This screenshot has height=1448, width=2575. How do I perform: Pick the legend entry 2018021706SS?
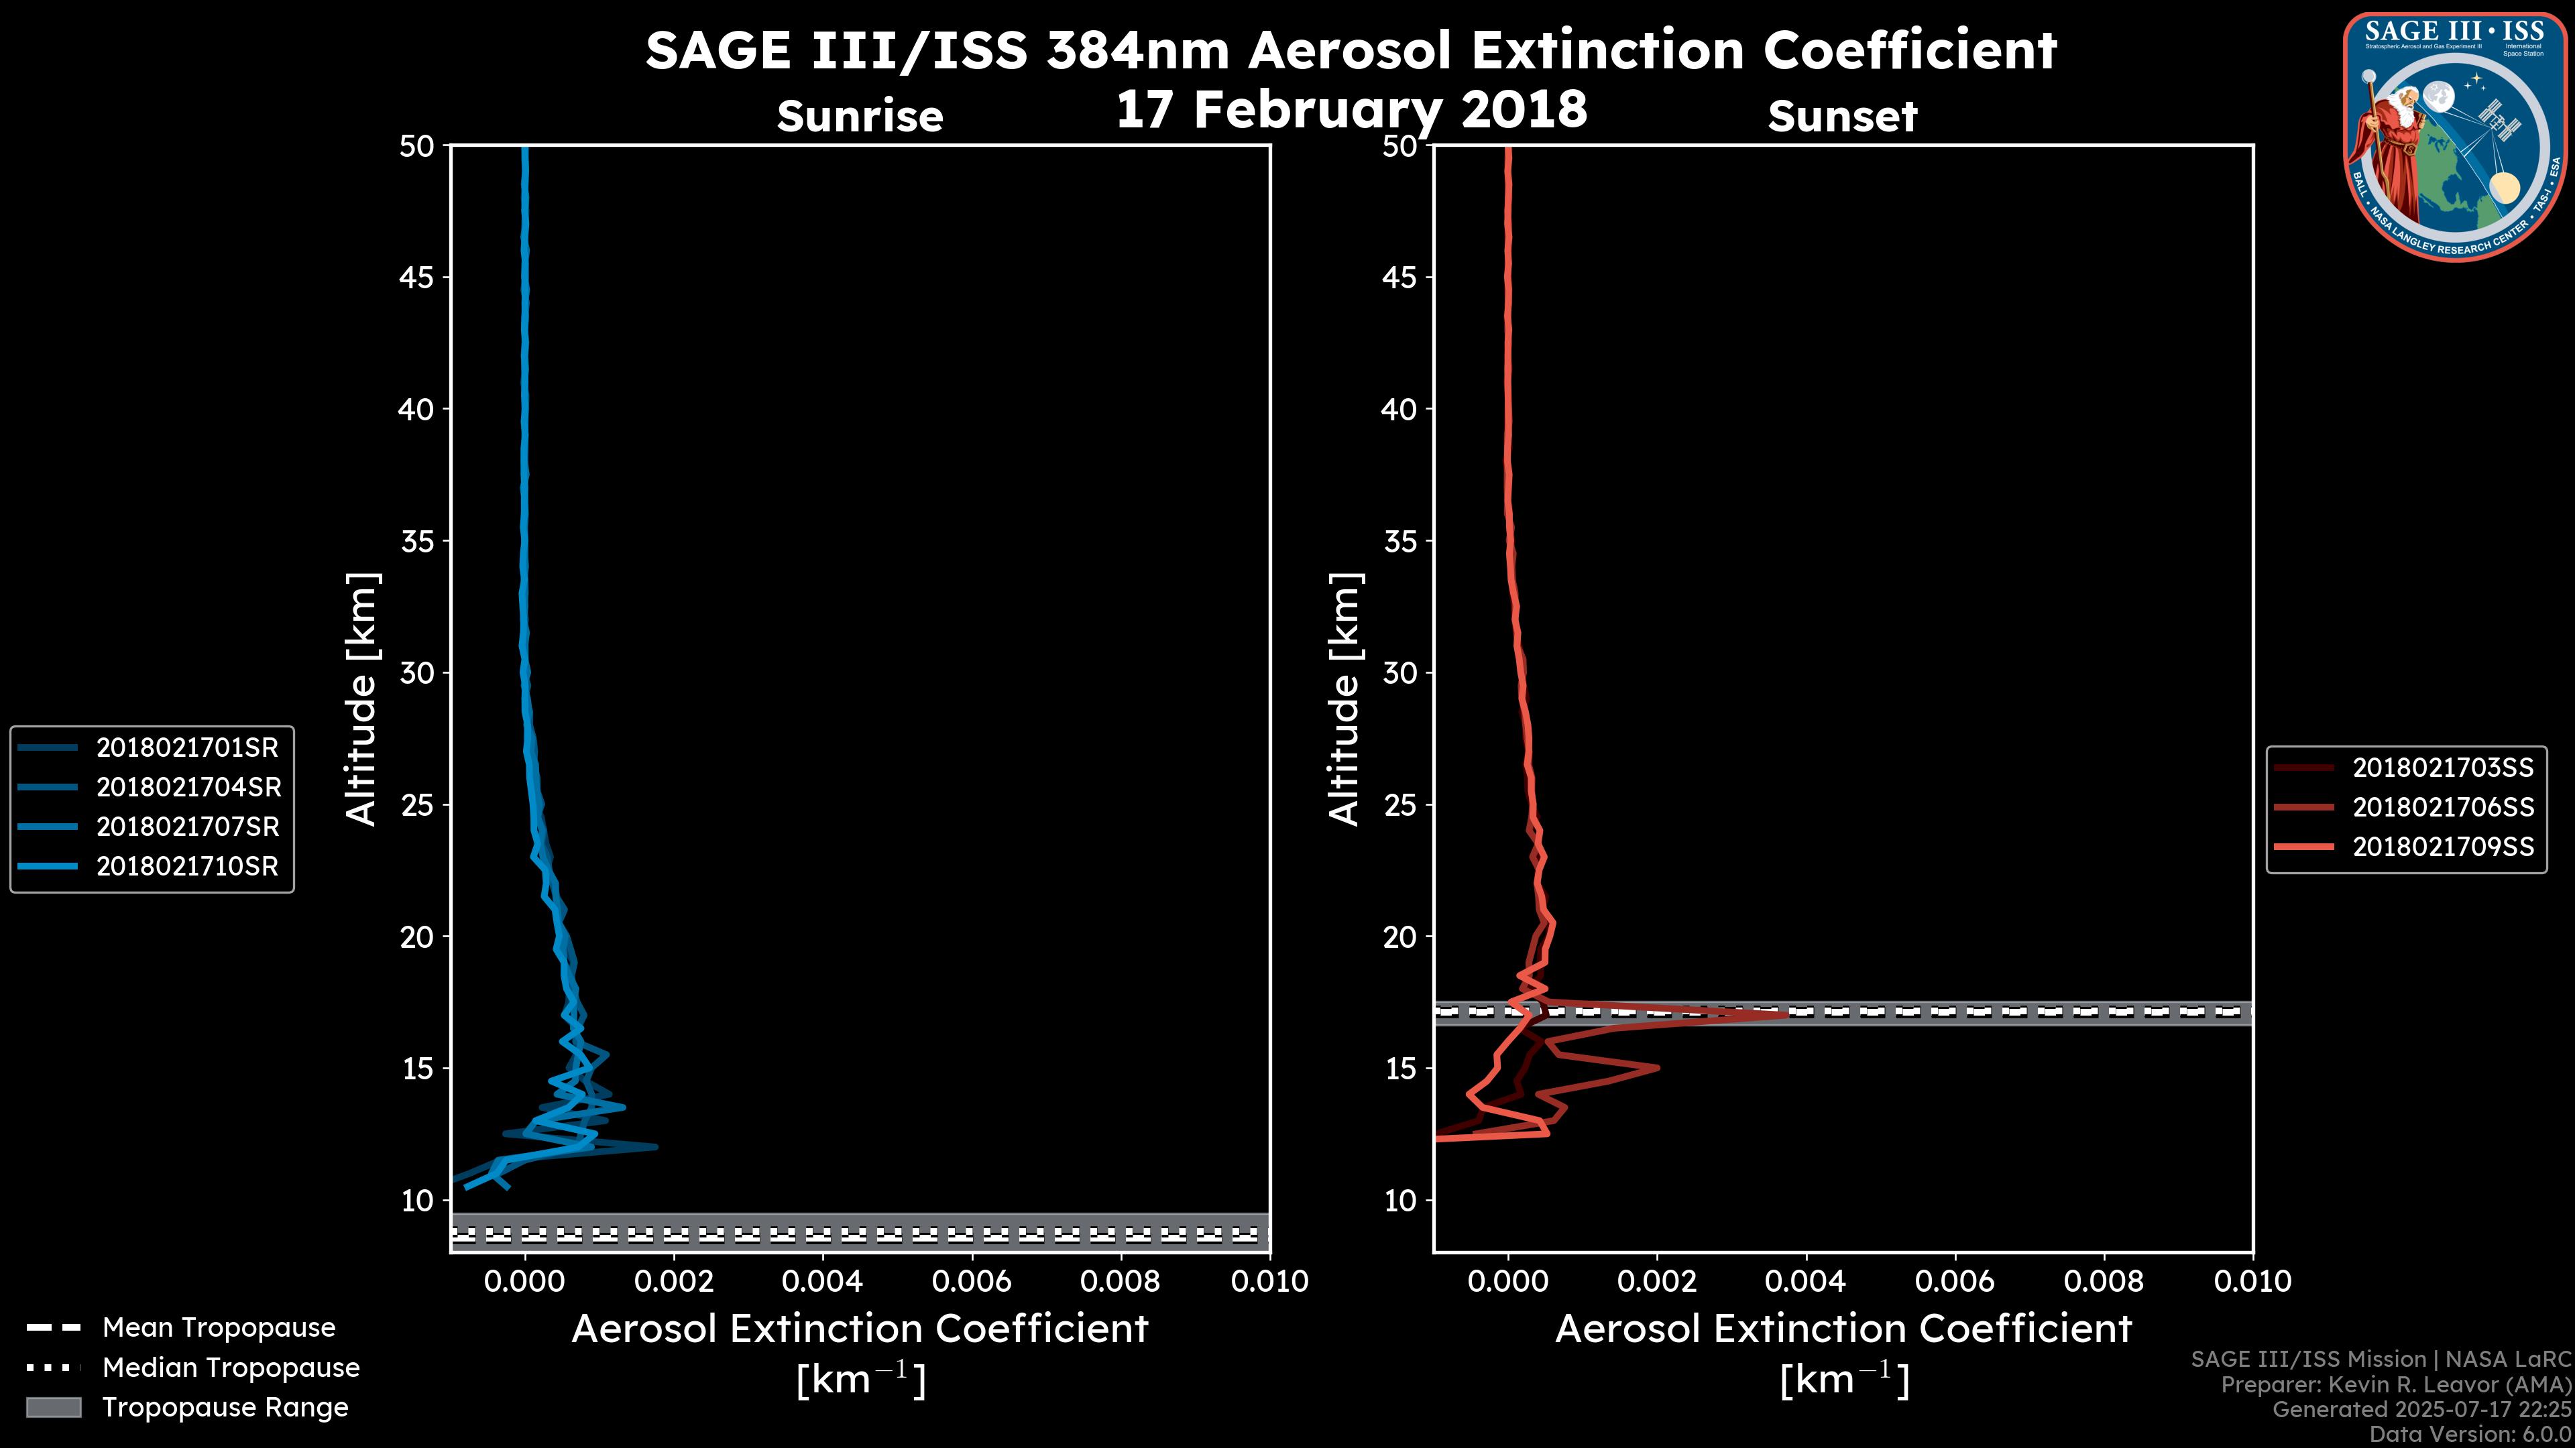pyautogui.click(x=2442, y=807)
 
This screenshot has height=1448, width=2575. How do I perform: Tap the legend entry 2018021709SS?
pyautogui.click(x=2442, y=847)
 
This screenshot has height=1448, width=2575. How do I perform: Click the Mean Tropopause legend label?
pyautogui.click(x=219, y=1327)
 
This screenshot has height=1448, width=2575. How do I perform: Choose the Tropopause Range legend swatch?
pyautogui.click(x=53, y=1407)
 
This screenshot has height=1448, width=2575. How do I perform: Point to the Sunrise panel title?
pyautogui.click(x=860, y=117)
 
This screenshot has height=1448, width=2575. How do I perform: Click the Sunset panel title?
pyautogui.click(x=1842, y=117)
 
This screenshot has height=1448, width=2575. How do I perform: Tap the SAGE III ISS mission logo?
pyautogui.click(x=2454, y=135)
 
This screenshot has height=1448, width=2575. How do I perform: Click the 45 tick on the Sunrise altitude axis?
pyautogui.click(x=417, y=277)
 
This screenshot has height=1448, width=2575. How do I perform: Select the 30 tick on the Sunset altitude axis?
pyautogui.click(x=1399, y=672)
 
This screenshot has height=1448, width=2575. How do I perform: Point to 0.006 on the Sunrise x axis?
pyautogui.click(x=972, y=1281)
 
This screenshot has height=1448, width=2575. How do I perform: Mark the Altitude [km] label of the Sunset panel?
pyautogui.click(x=1345, y=699)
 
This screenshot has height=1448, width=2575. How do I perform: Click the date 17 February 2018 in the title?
pyautogui.click(x=1351, y=109)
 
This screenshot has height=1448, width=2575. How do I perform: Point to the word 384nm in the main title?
pyautogui.click(x=1137, y=50)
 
